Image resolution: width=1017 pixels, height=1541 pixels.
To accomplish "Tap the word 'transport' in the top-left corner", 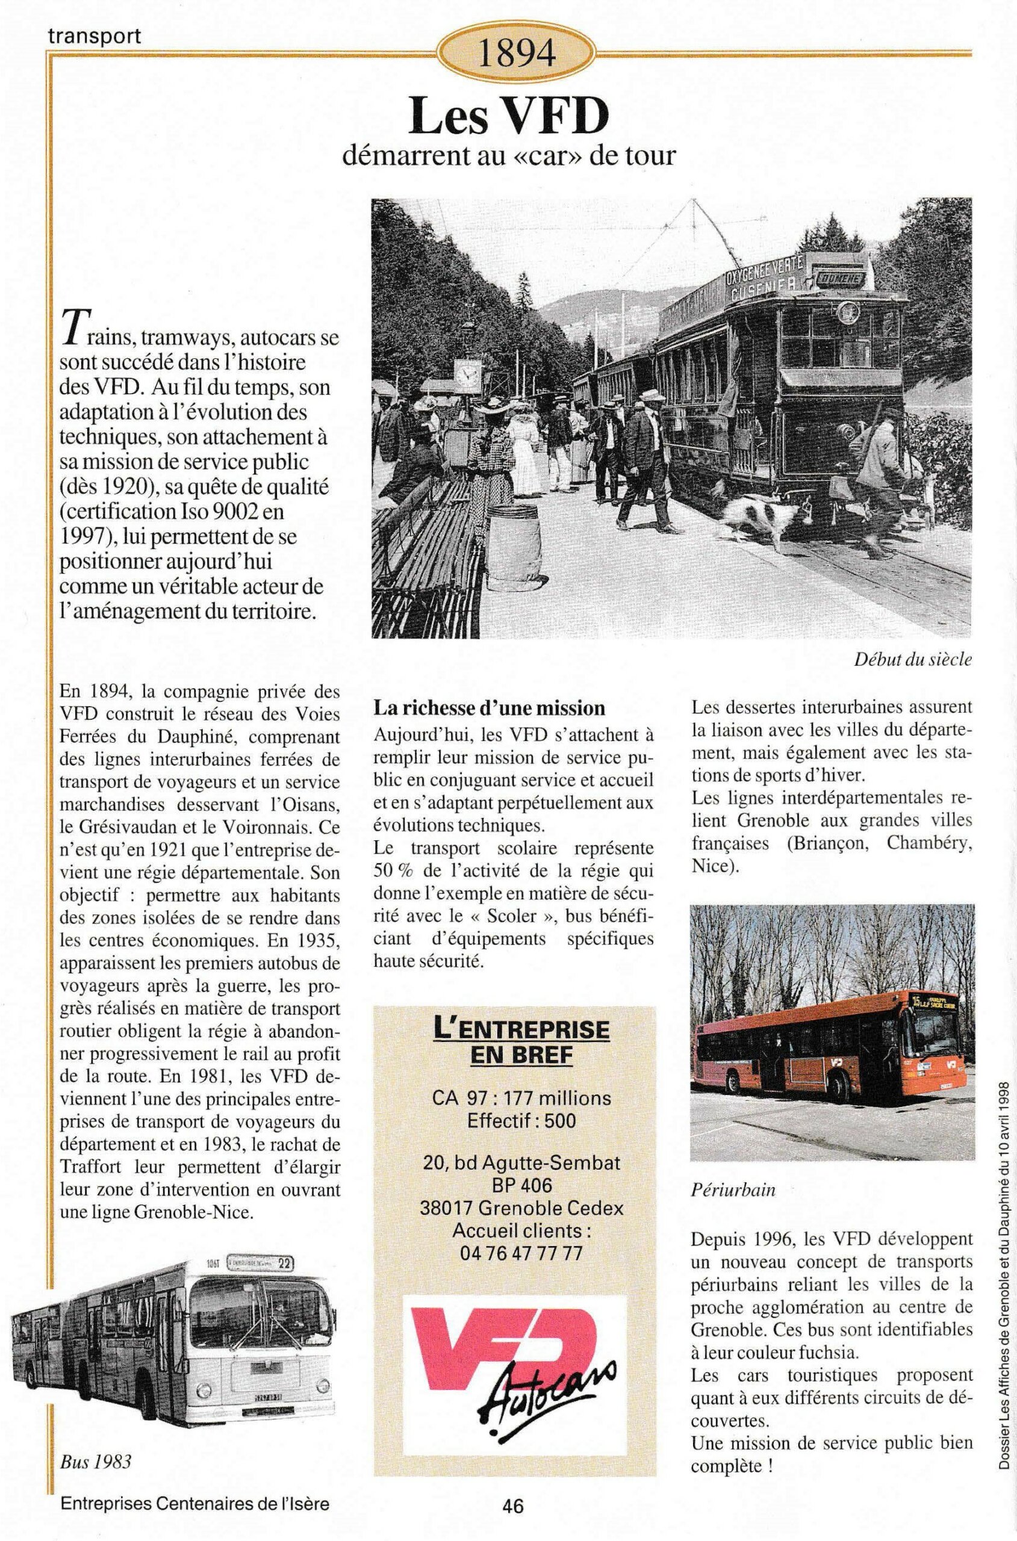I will (x=94, y=36).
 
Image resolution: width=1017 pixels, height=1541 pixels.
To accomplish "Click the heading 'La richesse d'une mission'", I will (x=489, y=708).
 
